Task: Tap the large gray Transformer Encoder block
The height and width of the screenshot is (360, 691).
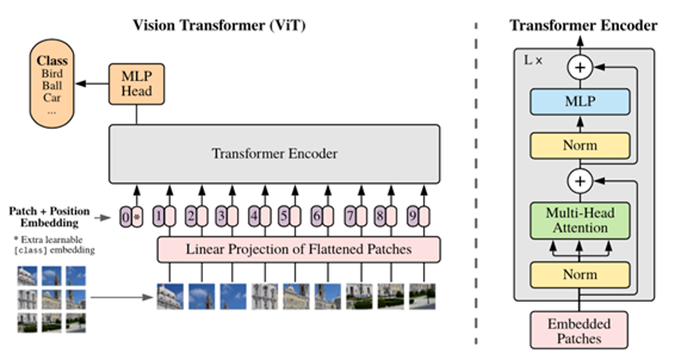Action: coord(274,153)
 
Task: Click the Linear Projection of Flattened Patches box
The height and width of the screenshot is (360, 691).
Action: coord(299,249)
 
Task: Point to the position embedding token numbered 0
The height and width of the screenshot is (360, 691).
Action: coord(132,215)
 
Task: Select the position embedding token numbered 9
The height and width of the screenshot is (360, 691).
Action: coord(417,215)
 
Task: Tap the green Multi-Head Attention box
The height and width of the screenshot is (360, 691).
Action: coord(580,220)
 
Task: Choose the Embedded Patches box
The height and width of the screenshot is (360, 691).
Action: coord(580,330)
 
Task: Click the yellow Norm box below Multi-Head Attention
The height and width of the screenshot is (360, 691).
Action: coord(580,275)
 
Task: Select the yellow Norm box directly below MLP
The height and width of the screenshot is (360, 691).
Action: coord(580,145)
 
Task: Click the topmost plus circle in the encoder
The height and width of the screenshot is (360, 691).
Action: coord(579,68)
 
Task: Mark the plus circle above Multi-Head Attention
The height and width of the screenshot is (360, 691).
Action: coord(579,180)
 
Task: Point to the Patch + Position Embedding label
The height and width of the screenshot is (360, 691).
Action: coord(50,217)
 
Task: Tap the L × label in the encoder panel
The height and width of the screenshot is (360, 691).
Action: coord(533,60)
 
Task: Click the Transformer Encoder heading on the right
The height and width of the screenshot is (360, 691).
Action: coord(583,25)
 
